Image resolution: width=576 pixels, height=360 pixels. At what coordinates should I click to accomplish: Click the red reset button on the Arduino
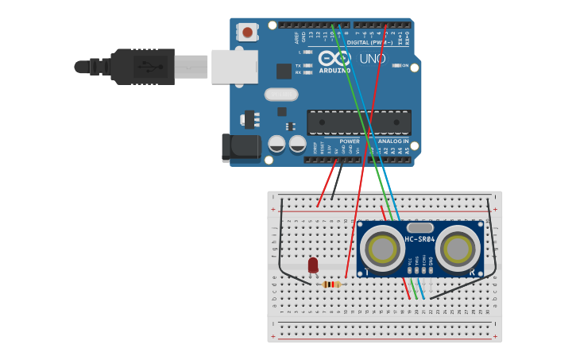(248, 33)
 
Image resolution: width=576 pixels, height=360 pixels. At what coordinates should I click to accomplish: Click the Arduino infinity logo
(334, 58)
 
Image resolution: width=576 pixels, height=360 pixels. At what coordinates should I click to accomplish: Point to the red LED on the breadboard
(313, 265)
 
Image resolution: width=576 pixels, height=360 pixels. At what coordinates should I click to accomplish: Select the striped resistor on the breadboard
(332, 284)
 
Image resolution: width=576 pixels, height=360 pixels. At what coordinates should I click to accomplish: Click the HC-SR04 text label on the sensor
(419, 239)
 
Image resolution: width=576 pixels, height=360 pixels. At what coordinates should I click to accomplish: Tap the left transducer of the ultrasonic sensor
(382, 250)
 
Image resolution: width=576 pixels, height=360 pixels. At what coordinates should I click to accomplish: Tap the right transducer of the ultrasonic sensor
(458, 250)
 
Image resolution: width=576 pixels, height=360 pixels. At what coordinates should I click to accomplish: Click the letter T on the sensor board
(366, 272)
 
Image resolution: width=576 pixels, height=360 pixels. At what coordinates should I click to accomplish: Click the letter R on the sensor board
(473, 272)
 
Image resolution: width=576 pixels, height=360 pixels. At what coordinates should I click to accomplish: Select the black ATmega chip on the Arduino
(359, 122)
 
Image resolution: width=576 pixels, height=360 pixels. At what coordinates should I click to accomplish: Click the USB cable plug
(143, 67)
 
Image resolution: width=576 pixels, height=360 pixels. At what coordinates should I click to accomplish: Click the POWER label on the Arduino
(350, 141)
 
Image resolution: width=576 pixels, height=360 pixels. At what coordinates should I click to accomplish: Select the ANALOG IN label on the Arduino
(393, 141)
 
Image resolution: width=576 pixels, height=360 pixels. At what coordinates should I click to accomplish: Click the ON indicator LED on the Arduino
(396, 65)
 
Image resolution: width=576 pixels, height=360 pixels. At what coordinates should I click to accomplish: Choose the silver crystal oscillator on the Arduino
(280, 95)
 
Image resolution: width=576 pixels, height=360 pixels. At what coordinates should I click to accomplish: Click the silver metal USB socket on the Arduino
(234, 67)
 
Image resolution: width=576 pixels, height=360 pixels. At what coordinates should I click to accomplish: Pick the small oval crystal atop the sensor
(419, 228)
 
